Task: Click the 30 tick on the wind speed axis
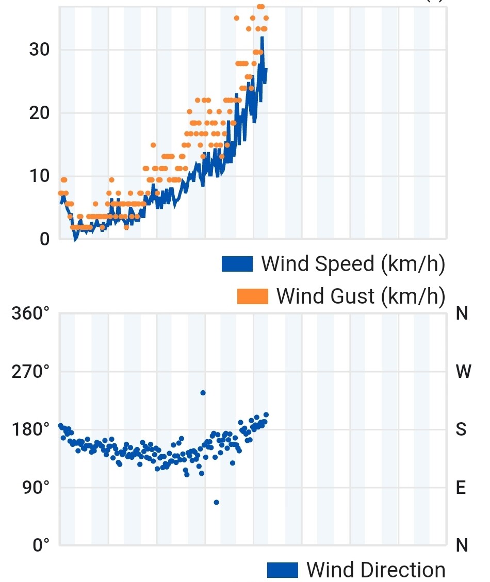coord(39,49)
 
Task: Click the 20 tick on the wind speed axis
coord(39,113)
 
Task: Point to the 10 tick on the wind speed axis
coord(39,176)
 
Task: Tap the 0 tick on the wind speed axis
coord(44,239)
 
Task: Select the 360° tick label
coord(30,313)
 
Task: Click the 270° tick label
coord(30,371)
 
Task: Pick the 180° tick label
coord(30,429)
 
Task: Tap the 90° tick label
coord(36,487)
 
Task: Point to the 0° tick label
coord(41,545)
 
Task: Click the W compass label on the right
coord(463,371)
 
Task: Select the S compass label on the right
coord(461,429)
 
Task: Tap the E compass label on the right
coord(461,487)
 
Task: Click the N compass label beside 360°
coord(462,313)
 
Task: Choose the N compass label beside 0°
coord(462,545)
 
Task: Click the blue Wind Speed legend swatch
coord(237,264)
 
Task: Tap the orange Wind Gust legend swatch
coord(253,296)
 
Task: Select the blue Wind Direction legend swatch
coord(282,570)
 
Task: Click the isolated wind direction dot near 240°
coord(203,393)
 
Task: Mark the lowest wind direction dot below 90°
coord(216,502)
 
